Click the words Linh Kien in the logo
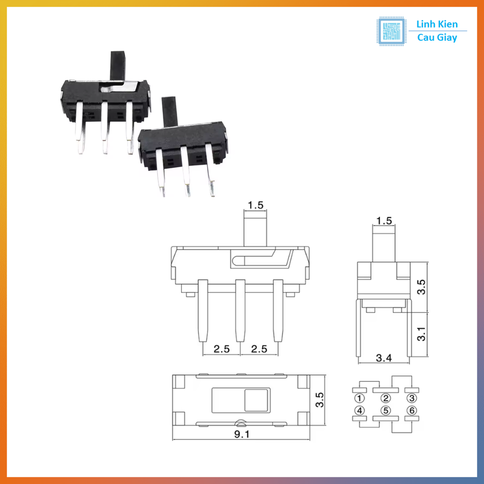437,25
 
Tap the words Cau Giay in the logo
437,38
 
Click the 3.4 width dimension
383,358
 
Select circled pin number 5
386,410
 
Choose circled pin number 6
412,410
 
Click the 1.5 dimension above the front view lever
255,205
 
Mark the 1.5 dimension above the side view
383,220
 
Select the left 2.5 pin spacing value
221,349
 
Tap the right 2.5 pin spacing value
259,349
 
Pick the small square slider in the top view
256,400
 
